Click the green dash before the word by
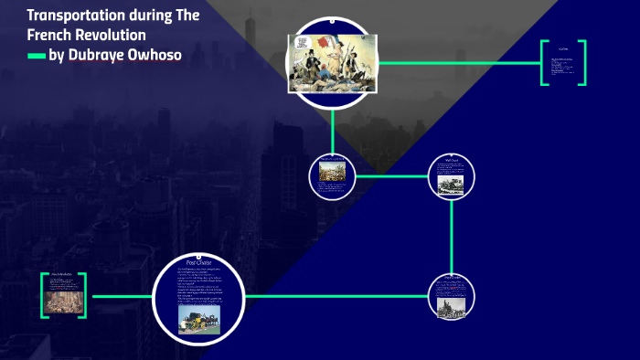point(36,56)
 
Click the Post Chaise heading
point(198,263)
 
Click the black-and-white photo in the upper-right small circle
point(452,182)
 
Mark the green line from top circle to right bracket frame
point(457,63)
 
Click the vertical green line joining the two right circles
point(452,235)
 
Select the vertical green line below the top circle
point(332,128)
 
